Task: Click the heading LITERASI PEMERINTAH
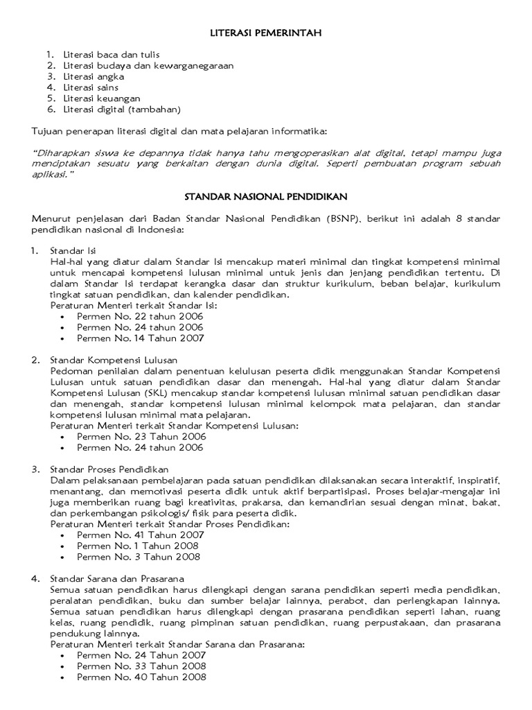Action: coord(266,33)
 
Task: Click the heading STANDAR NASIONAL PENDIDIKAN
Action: coord(266,197)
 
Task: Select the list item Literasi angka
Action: coord(94,76)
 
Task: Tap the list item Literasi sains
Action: coord(91,87)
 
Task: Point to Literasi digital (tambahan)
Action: coord(122,110)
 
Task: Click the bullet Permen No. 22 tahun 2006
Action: coord(140,316)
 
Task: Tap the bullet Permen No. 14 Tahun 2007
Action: coord(140,338)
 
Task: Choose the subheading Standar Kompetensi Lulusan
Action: coord(114,360)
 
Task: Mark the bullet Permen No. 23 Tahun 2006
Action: coord(140,437)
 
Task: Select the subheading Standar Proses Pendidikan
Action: coord(109,469)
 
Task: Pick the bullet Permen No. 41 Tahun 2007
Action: coord(140,535)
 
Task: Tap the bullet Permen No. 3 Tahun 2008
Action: coord(139,557)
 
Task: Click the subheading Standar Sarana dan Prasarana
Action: coord(116,578)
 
